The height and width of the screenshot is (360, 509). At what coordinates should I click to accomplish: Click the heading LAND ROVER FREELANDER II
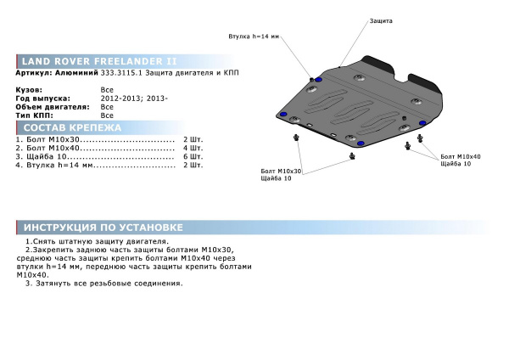[x=99, y=61]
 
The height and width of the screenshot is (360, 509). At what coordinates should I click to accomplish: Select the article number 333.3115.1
[x=121, y=73]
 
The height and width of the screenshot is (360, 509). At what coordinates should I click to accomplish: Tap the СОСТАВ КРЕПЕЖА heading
[x=72, y=127]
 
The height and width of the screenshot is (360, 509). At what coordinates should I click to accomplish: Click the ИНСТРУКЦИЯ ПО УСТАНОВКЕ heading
[x=103, y=228]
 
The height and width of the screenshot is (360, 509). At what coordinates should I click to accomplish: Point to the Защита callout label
[x=381, y=20]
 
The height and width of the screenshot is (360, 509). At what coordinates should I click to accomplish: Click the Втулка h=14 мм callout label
[x=254, y=37]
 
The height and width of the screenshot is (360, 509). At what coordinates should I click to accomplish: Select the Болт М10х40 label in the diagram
[x=461, y=156]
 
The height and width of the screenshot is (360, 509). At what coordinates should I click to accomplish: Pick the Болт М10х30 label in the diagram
[x=281, y=171]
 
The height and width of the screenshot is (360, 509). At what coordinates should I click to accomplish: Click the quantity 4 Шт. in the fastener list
[x=193, y=148]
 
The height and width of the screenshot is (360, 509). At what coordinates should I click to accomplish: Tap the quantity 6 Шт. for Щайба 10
[x=193, y=156]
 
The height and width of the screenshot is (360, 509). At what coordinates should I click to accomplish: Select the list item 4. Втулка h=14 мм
[x=54, y=165]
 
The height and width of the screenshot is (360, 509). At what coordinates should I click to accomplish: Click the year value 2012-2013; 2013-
[x=134, y=98]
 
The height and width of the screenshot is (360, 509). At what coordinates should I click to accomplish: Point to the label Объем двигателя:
[x=53, y=107]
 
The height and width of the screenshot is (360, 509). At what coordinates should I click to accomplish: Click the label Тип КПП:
[x=34, y=115]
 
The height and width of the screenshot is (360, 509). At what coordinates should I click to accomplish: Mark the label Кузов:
[x=29, y=90]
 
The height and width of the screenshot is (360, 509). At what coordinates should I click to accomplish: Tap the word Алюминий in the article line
[x=76, y=73]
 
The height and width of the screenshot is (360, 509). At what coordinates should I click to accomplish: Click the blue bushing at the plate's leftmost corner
[x=283, y=115]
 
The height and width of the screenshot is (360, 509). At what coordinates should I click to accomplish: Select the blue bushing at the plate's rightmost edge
[x=422, y=123]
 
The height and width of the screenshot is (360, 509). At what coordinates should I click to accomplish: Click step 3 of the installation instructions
[x=104, y=284]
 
